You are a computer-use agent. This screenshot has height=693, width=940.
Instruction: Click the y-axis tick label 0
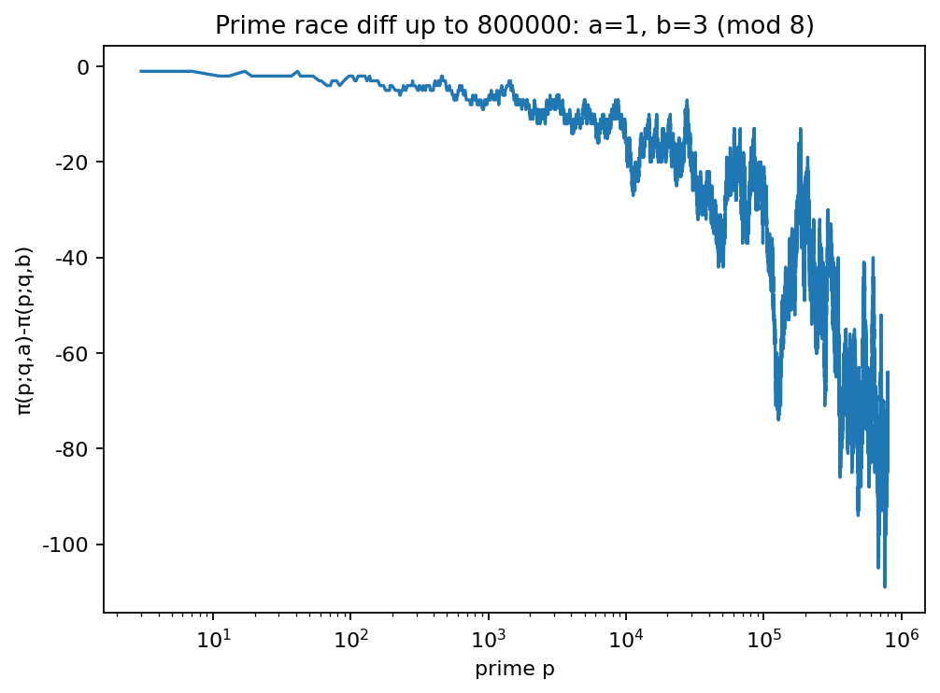point(84,67)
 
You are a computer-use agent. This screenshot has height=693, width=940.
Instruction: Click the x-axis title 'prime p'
point(515,669)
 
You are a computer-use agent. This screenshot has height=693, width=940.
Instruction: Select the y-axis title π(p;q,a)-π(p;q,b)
point(25,332)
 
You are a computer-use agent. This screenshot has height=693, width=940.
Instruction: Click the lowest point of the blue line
point(884,587)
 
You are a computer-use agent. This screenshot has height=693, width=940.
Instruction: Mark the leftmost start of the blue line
point(141,71)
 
